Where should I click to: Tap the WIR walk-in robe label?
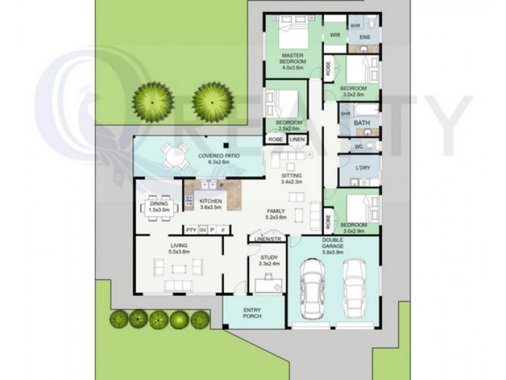tap(335, 35)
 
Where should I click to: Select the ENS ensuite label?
tap(365, 37)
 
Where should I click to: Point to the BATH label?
tap(362, 123)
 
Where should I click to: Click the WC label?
tap(359, 147)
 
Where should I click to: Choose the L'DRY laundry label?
tap(363, 168)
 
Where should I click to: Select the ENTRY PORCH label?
tap(252, 313)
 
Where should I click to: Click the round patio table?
tap(175, 156)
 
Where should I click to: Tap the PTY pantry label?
tap(192, 230)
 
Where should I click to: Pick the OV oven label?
tap(202, 230)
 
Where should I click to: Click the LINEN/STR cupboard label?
tap(268, 239)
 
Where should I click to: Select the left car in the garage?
tap(312, 289)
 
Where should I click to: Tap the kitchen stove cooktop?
tap(188, 201)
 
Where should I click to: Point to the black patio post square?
tap(226, 145)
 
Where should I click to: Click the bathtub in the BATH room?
tap(367, 110)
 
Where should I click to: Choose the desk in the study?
tap(268, 286)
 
